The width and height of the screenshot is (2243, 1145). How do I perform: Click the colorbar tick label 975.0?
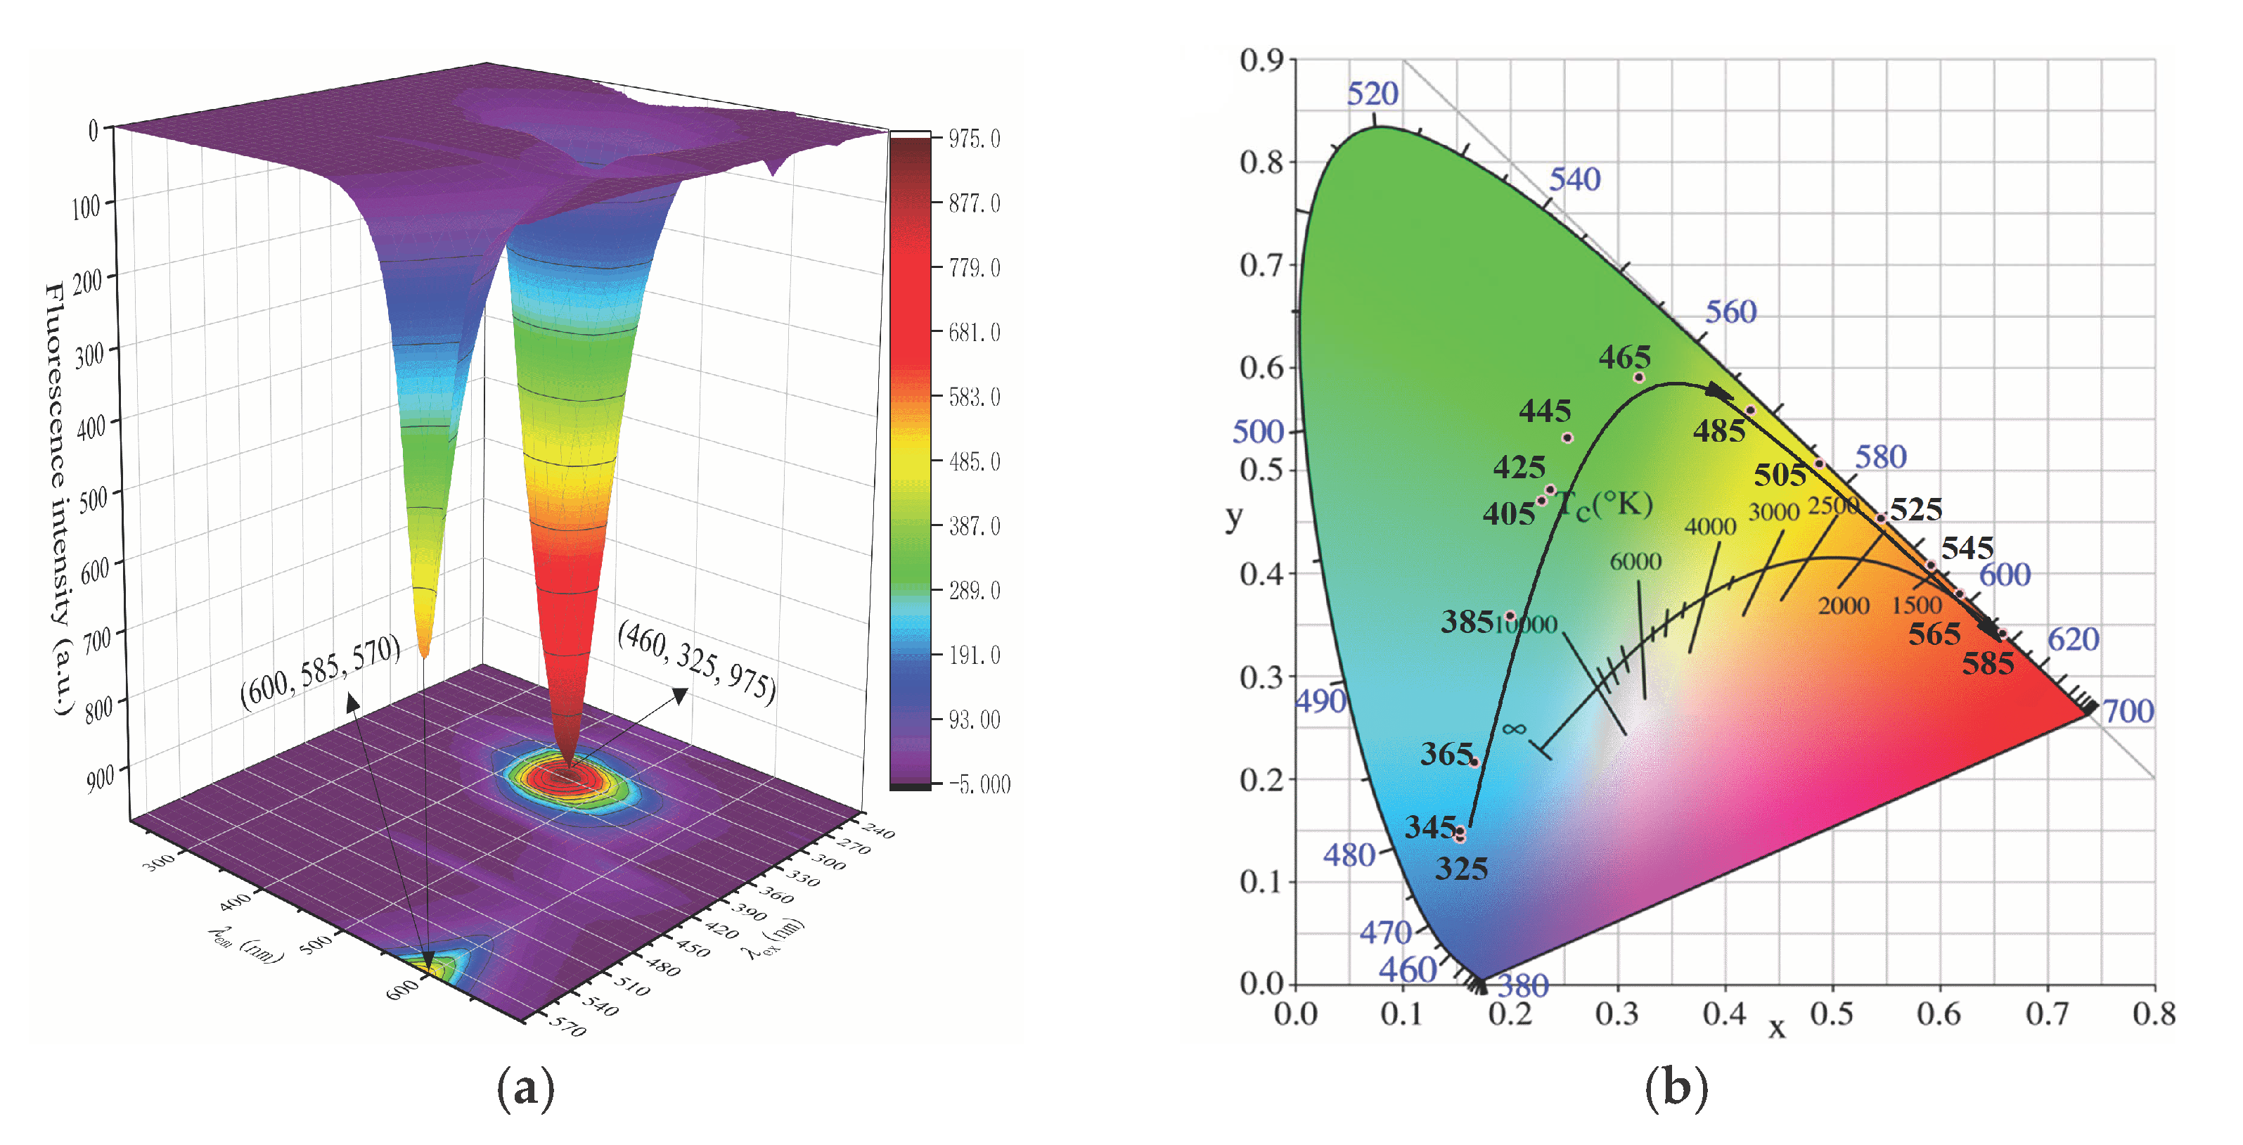973,139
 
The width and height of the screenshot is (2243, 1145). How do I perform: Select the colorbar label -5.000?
979,784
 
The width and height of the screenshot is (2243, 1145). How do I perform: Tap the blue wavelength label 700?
2128,711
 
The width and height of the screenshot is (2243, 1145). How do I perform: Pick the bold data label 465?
1624,357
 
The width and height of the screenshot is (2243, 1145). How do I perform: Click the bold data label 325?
1461,868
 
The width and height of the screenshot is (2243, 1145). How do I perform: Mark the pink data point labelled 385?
1510,615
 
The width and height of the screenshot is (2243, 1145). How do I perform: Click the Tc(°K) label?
1604,504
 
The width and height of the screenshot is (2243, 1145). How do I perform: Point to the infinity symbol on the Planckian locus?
1513,729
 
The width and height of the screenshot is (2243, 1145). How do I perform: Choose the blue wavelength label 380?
1523,985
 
